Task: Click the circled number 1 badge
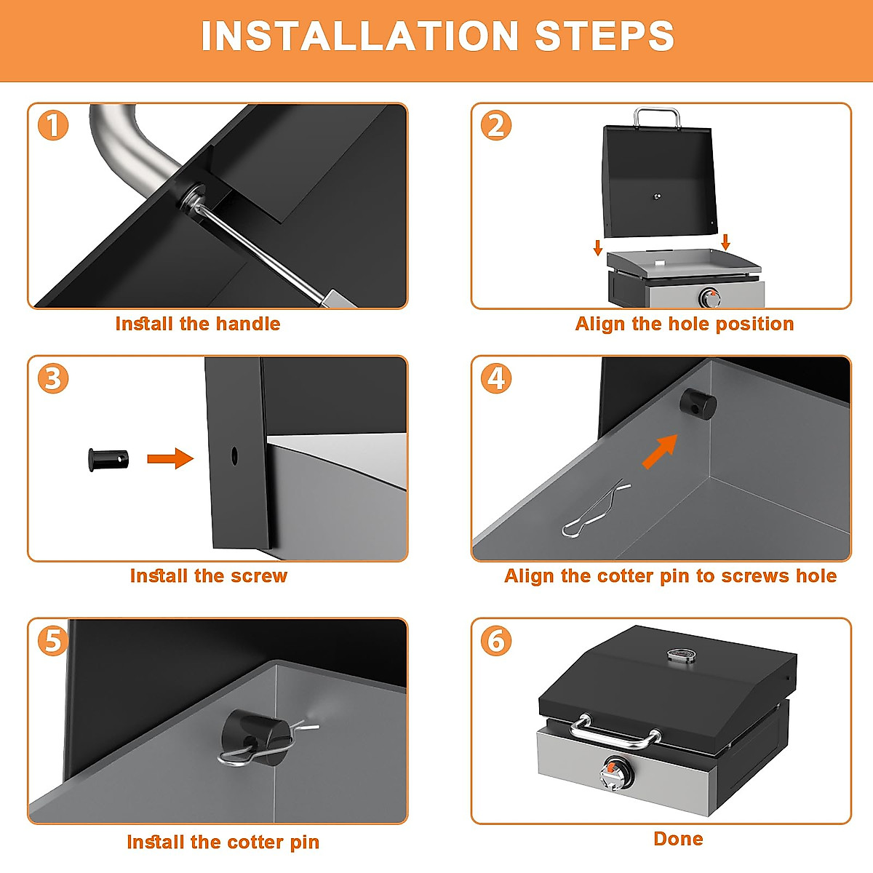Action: tap(53, 125)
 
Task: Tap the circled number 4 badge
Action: tap(496, 378)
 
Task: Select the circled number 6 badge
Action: tap(496, 641)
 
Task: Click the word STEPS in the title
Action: tap(605, 36)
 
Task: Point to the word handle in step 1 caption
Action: tap(248, 324)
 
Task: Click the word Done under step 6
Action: tap(678, 839)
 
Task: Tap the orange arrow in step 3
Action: tap(170, 458)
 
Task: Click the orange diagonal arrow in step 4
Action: tap(660, 451)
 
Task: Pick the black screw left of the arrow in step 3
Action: tap(108, 460)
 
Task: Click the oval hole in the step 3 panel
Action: tap(234, 455)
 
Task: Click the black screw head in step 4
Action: tap(698, 404)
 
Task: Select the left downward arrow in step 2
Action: tap(597, 247)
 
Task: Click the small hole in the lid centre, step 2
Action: tap(657, 196)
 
